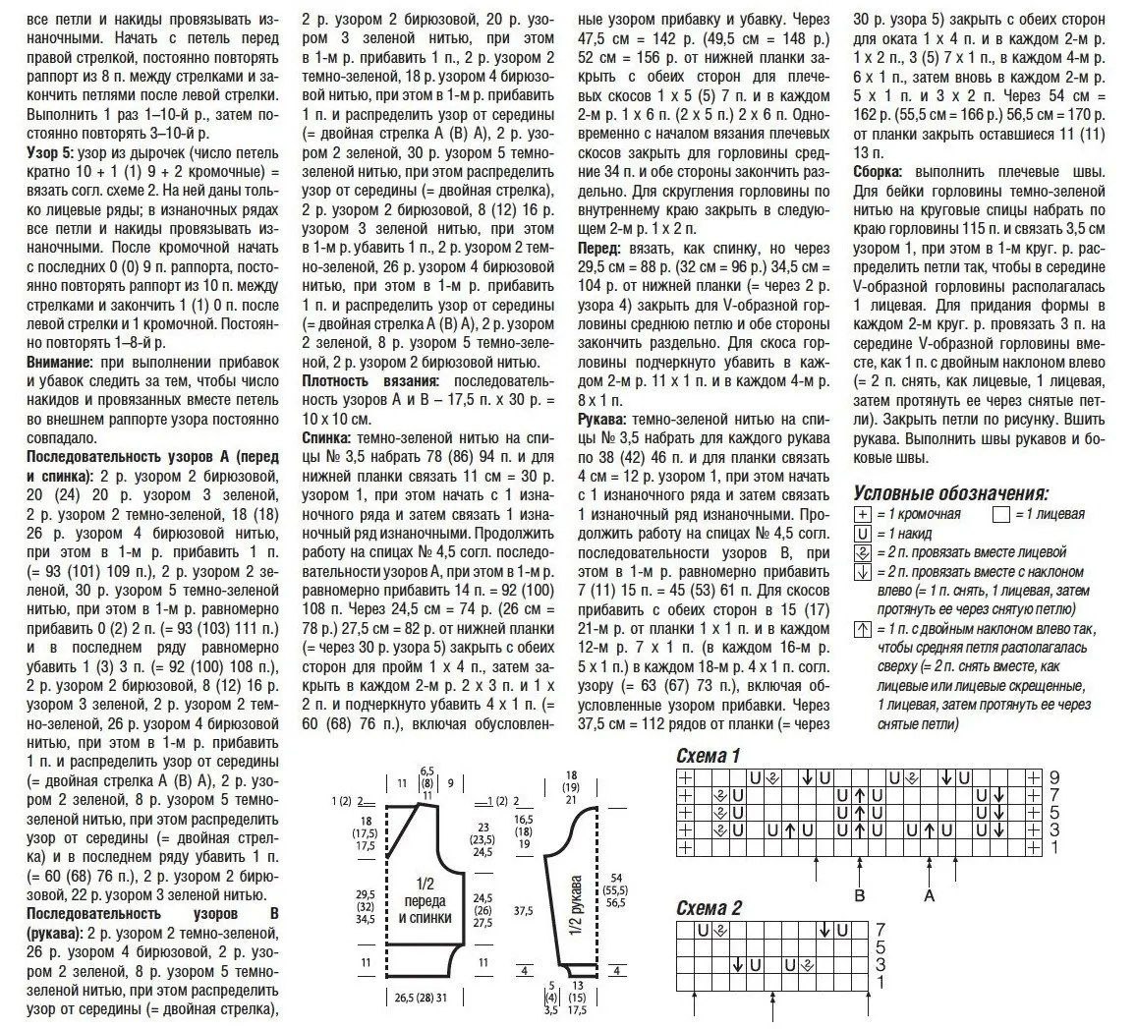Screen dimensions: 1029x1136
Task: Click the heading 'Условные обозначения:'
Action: (x=950, y=492)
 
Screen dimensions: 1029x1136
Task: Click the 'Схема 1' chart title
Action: (x=708, y=756)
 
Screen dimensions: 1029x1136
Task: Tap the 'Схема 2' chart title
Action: (x=708, y=907)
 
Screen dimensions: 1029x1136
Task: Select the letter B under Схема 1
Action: (x=859, y=895)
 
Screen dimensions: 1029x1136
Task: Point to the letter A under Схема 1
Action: (x=928, y=895)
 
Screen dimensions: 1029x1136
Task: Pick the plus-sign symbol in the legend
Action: (x=863, y=514)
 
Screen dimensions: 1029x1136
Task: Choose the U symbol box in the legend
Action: (x=863, y=534)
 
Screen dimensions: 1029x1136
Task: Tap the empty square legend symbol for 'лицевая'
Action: (x=1001, y=514)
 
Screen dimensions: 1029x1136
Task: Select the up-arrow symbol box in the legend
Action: (x=863, y=630)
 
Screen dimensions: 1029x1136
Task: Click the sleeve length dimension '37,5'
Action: (x=523, y=911)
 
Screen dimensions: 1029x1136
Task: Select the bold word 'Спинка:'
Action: (x=329, y=438)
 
